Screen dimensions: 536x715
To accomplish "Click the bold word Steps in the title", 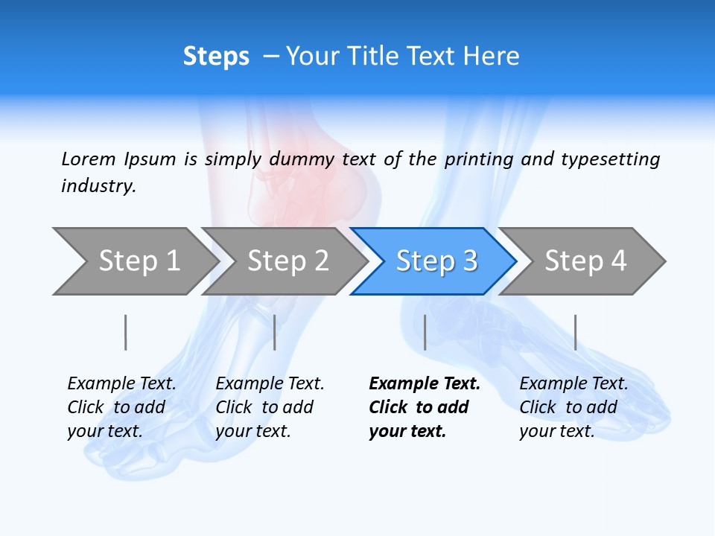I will [216, 57].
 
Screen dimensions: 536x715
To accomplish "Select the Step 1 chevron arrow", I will [134, 261].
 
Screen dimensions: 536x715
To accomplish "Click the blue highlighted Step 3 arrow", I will [433, 261].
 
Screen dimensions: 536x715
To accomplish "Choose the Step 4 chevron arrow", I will [582, 261].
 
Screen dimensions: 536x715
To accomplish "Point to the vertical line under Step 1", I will [126, 332].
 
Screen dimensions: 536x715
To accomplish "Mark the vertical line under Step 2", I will [275, 332].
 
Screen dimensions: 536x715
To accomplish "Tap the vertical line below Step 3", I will [425, 332].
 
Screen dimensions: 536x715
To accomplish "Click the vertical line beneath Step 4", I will [575, 332].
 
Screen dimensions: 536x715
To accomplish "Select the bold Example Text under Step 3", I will [423, 407].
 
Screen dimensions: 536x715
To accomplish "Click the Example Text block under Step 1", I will [121, 407].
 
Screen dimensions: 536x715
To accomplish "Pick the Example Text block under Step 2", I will [269, 407].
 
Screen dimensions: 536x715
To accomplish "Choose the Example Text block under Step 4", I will [573, 407].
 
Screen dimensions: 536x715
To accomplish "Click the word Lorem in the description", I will [89, 159].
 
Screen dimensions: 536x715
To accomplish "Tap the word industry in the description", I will [98, 186].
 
